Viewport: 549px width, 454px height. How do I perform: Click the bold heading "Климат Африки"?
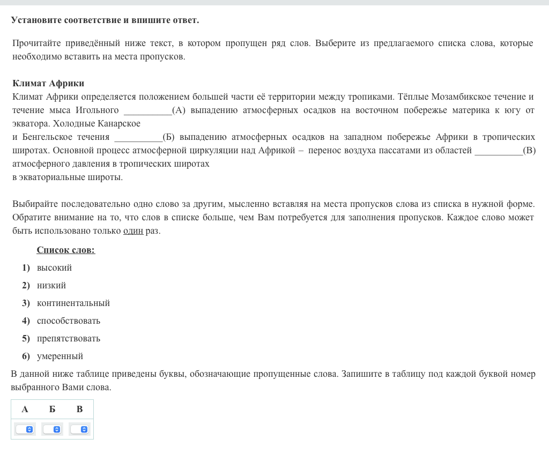click(48, 83)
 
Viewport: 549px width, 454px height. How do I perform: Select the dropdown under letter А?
click(25, 429)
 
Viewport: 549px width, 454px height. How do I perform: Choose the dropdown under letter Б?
click(52, 429)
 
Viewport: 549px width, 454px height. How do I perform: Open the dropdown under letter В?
click(79, 429)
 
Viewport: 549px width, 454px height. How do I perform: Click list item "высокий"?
click(54, 267)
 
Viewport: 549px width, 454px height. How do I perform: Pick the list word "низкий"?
click(51, 285)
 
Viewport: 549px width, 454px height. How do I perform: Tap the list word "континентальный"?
click(73, 303)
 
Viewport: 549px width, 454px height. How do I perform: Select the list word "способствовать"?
click(69, 321)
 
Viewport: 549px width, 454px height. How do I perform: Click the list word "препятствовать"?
click(69, 338)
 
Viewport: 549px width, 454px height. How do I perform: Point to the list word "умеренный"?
click(60, 356)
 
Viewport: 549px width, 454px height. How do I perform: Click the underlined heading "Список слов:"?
click(66, 250)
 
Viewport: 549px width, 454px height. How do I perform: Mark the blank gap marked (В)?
click(499, 151)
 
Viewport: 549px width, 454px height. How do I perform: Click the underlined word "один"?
click(133, 231)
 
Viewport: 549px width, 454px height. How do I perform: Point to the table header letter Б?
click(52, 409)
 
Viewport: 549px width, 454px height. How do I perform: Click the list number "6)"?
click(26, 356)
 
